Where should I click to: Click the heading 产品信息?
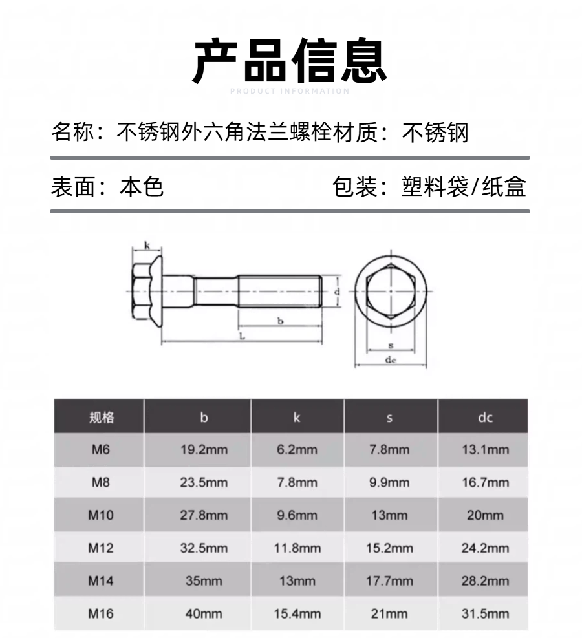click(289, 61)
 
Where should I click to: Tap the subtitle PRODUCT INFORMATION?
click(290, 91)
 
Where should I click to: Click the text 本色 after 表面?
click(141, 187)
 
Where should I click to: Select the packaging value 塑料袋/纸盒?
click(464, 187)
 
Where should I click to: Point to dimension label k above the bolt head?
click(147, 246)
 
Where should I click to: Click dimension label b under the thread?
click(281, 321)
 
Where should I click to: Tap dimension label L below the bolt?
click(242, 337)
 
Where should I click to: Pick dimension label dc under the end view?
click(391, 360)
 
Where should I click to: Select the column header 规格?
click(102, 418)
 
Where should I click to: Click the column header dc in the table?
click(485, 418)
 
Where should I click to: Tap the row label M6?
click(100, 450)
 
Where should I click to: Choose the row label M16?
click(100, 613)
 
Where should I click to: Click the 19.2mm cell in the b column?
click(204, 450)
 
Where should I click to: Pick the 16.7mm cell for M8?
click(485, 483)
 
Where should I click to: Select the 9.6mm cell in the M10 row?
click(297, 515)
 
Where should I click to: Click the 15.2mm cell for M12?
click(389, 548)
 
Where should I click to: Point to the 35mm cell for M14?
click(204, 580)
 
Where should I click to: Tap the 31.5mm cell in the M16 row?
click(485, 613)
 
